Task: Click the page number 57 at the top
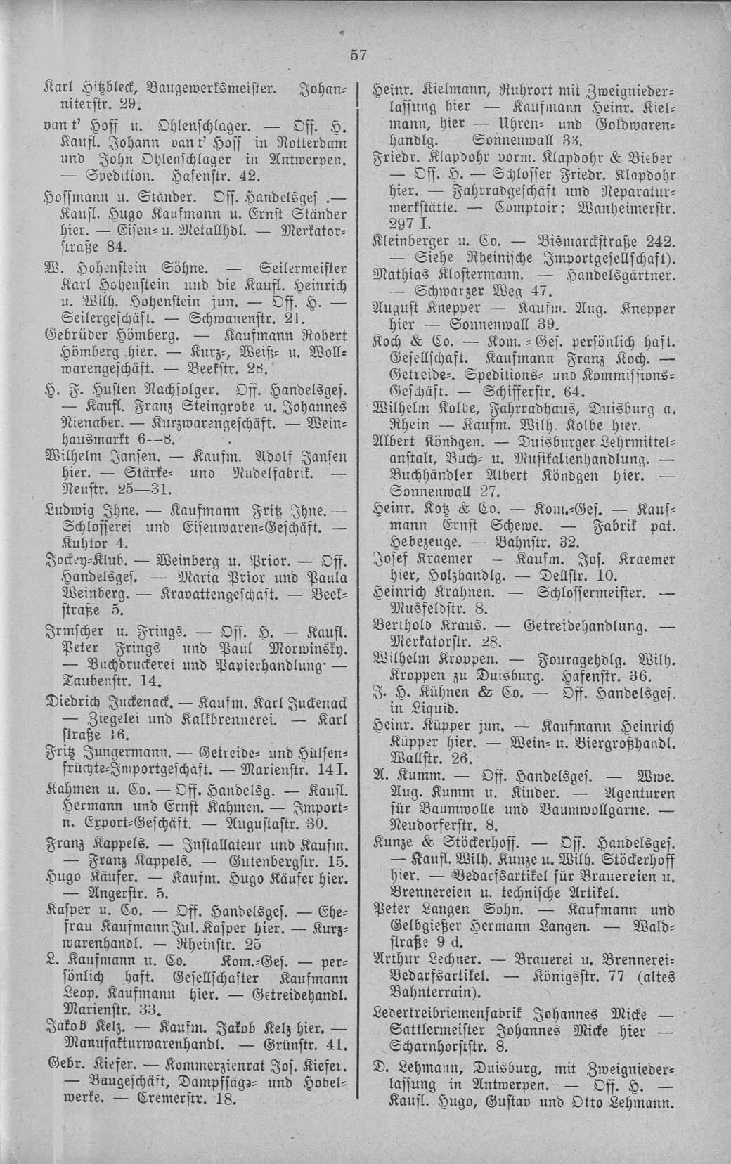tap(358, 56)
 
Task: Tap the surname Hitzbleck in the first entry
tap(108, 89)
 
